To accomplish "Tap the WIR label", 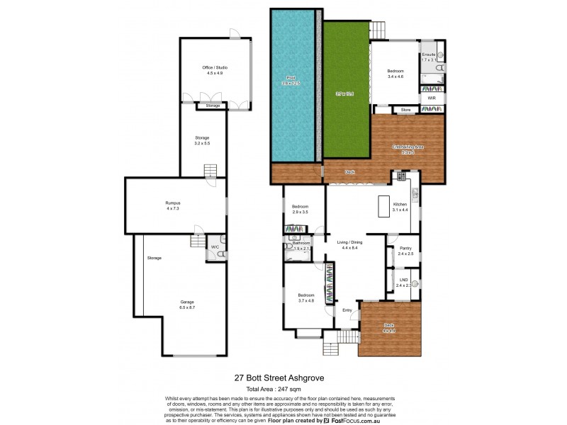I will click(432, 98).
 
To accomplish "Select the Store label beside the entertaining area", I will click(406, 110).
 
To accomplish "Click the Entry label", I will click(347, 310).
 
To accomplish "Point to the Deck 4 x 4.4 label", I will click(388, 327).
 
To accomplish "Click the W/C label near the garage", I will click(214, 246).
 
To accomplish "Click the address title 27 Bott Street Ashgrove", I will click(279, 378).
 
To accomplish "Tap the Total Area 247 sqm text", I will click(279, 390).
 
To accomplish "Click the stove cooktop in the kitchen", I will click(400, 176).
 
